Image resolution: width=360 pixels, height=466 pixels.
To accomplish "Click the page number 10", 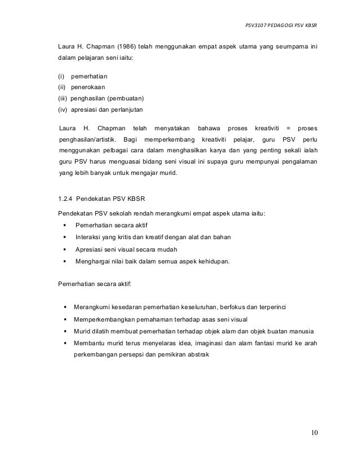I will click(x=314, y=433).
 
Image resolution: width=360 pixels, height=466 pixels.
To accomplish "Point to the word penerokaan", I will click(x=86, y=86).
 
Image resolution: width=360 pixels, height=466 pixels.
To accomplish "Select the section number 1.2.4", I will click(x=67, y=198).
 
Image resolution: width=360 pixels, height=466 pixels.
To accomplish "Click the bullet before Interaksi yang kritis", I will click(x=65, y=236).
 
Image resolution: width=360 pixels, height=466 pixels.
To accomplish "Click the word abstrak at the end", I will click(x=196, y=354).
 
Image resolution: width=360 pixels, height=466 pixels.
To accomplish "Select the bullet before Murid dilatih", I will click(x=65, y=331).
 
